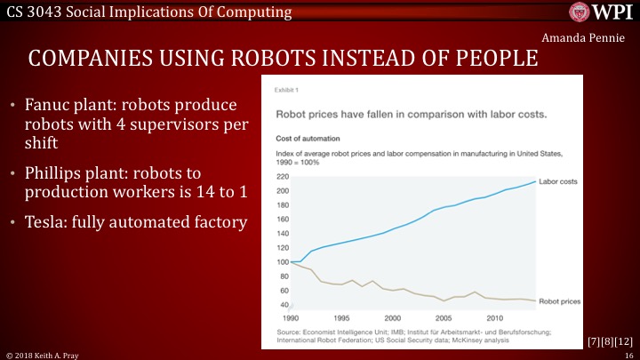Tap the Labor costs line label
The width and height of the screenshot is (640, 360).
[558, 181]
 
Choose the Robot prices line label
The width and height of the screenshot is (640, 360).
[561, 301]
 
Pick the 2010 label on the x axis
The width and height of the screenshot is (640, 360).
[492, 317]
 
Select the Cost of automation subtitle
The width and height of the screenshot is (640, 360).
[308, 138]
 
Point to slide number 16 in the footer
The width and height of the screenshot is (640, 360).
[628, 354]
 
